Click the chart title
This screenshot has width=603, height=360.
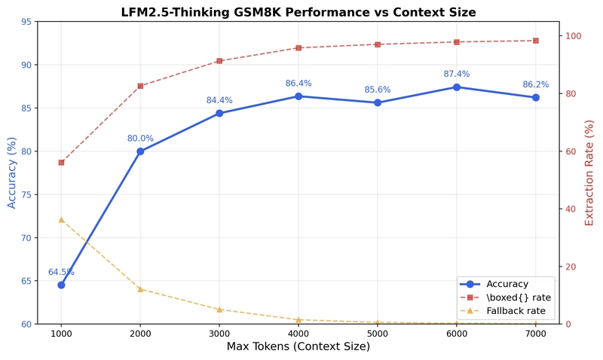(x=298, y=12)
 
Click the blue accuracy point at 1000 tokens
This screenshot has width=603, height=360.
(x=61, y=285)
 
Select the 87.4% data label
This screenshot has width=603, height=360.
(x=456, y=74)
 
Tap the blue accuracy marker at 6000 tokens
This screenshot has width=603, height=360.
(x=456, y=87)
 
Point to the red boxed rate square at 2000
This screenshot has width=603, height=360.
(x=140, y=86)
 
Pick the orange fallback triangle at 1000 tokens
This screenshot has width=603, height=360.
(x=61, y=220)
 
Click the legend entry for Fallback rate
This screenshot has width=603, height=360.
(x=515, y=310)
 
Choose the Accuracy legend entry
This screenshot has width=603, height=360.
(x=506, y=284)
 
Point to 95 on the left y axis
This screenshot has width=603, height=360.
(x=26, y=22)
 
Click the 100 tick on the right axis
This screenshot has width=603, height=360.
(x=574, y=36)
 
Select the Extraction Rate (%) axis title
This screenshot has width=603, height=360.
(x=589, y=172)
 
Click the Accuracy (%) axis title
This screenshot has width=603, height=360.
(x=12, y=172)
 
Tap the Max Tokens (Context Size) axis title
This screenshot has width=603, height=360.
(x=298, y=347)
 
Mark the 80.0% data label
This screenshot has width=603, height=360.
(x=140, y=139)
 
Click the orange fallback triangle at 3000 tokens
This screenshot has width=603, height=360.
(x=219, y=310)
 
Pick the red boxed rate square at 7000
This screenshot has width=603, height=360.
(x=535, y=41)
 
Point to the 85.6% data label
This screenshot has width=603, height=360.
(x=378, y=90)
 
